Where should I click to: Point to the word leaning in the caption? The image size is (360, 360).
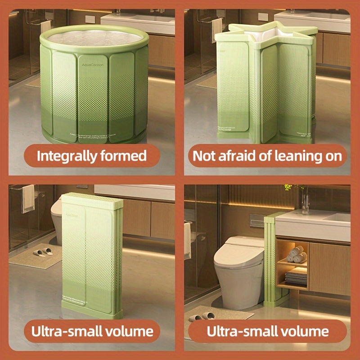pyautogui.click(x=288, y=156)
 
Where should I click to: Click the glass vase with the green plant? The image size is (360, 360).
pyautogui.click(x=305, y=200)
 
